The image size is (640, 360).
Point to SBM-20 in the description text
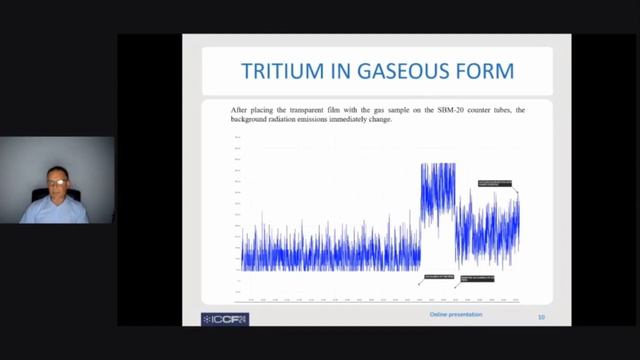pyautogui.click(x=438, y=110)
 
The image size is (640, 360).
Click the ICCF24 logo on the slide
pyautogui.click(x=225, y=319)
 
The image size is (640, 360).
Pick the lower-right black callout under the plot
pyautogui.click(x=476, y=278)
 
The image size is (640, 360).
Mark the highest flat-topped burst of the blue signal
pyautogui.click(x=438, y=170)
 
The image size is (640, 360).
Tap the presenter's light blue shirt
pyautogui.click(x=55, y=211)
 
